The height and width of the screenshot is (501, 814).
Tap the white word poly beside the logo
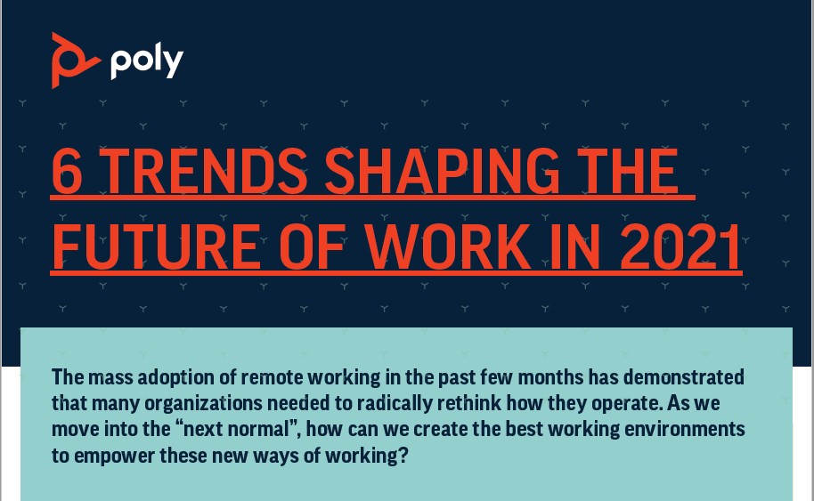pyautogui.click(x=147, y=61)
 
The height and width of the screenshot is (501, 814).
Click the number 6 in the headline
pyautogui.click(x=68, y=171)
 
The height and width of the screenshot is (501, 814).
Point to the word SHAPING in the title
pyautogui.click(x=443, y=171)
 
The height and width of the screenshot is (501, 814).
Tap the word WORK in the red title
pyautogui.click(x=447, y=246)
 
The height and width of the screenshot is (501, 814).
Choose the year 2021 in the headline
pyautogui.click(x=680, y=246)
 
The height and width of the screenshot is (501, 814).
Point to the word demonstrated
pyautogui.click(x=684, y=377)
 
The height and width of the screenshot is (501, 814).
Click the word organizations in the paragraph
pyautogui.click(x=203, y=403)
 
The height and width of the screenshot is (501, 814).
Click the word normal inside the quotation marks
pyautogui.click(x=258, y=430)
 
